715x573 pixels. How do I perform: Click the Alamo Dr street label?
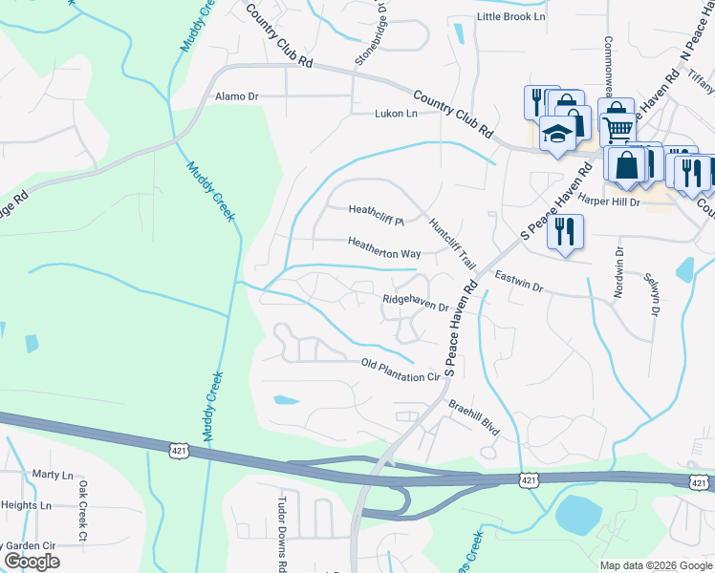[x=237, y=96]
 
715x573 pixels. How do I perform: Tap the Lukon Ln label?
[x=396, y=114]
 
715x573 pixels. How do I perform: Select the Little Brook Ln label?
[x=510, y=18]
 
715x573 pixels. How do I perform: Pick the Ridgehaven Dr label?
[x=416, y=303]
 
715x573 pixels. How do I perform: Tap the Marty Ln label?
[x=53, y=475]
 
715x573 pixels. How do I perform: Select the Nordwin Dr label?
[x=619, y=274]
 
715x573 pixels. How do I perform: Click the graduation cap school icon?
[x=556, y=135]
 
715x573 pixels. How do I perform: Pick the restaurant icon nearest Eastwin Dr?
[x=565, y=232]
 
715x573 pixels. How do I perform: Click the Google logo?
[x=32, y=562]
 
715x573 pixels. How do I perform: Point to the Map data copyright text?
[x=655, y=565]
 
